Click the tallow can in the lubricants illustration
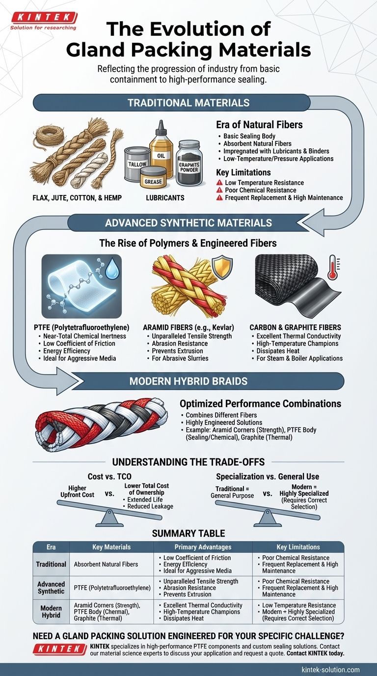tap(137, 164)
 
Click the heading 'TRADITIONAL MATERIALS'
tap(188, 103)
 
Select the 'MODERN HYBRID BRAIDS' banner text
tap(188, 381)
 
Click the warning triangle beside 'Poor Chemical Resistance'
tap(219, 190)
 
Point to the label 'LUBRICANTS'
tap(165, 198)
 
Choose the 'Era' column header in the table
tap(51, 547)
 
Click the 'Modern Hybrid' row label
tap(51, 612)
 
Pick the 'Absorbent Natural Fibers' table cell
tap(106, 564)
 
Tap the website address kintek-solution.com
tap(330, 669)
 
